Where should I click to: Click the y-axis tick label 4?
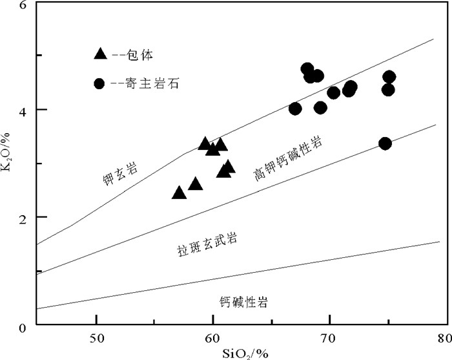[23, 110]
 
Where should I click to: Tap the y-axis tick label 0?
[23, 326]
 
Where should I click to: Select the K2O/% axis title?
[8, 164]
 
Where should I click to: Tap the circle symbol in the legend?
[99, 83]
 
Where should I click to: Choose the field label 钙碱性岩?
[243, 302]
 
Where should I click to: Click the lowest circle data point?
[385, 143]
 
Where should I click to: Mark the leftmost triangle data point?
[180, 193]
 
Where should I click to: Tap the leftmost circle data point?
[295, 109]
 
